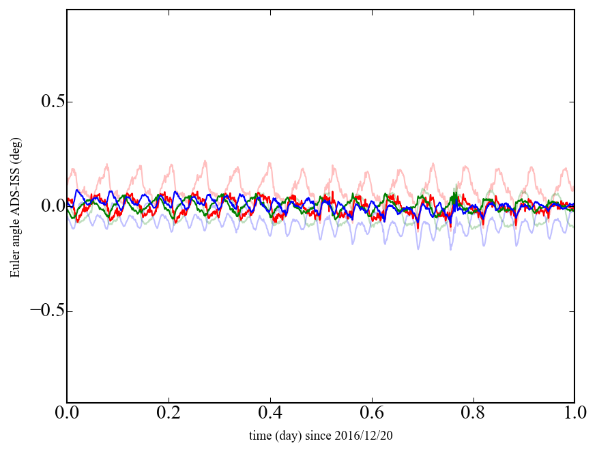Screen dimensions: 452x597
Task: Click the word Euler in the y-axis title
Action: coord(15,266)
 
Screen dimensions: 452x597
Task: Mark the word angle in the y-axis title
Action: coord(15,234)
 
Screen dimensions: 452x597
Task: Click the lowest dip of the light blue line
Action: coord(450,249)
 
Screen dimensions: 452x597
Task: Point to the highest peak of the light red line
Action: coord(205,160)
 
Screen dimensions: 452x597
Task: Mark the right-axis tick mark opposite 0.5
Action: coord(572,102)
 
